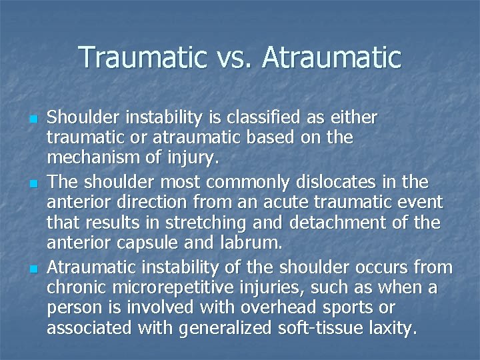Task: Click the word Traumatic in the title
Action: point(142,58)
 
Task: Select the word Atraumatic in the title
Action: point(332,58)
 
